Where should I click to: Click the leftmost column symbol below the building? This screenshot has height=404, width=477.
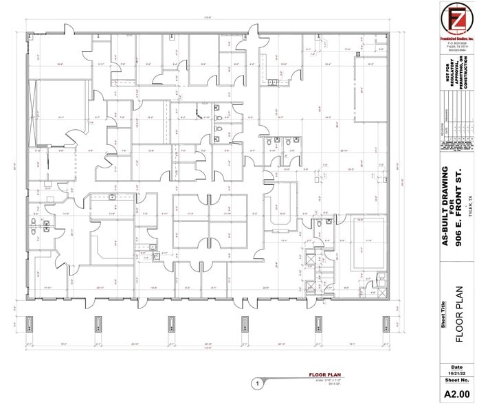(29, 323)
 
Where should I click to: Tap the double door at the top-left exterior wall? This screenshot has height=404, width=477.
(69, 31)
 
